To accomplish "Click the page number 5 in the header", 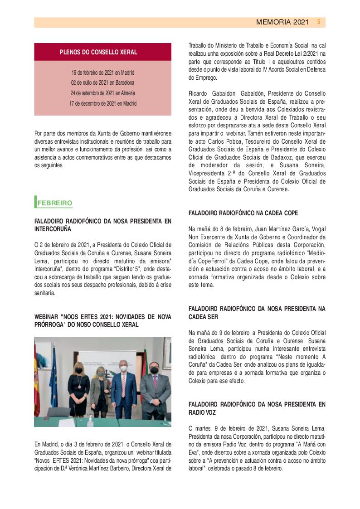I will click(319, 22).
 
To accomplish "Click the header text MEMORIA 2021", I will click(282, 22).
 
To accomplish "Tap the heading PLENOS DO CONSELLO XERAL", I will click(98, 53).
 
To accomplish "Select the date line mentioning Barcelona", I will click(102, 83).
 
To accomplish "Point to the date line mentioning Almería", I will click(102, 93).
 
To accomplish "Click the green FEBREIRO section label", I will click(54, 203).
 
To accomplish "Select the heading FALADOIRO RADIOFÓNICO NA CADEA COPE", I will click(243, 213).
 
